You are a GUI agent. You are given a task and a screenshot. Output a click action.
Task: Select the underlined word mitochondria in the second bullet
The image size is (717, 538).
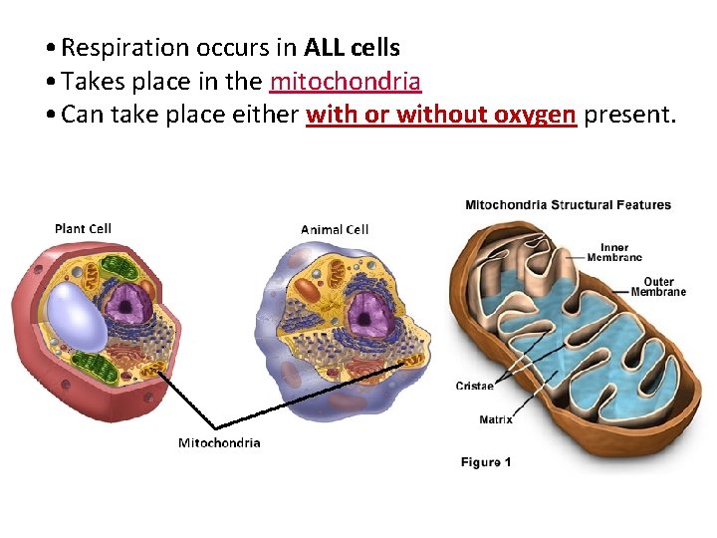tap(346, 81)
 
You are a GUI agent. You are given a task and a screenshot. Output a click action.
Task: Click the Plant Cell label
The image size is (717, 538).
tap(83, 229)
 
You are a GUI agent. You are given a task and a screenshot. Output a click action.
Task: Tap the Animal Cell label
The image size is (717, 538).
tap(335, 230)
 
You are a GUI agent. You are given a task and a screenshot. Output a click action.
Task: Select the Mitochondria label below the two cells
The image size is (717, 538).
tap(219, 443)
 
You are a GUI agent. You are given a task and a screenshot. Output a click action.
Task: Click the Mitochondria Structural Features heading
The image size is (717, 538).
tap(568, 205)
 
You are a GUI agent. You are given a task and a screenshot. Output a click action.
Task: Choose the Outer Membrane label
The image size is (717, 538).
tap(658, 287)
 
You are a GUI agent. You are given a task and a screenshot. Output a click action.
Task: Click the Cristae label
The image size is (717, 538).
tap(475, 386)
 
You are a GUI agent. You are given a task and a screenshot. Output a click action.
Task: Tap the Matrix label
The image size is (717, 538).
tap(496, 419)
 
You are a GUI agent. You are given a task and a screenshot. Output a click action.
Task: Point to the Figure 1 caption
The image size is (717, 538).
tap(485, 462)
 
